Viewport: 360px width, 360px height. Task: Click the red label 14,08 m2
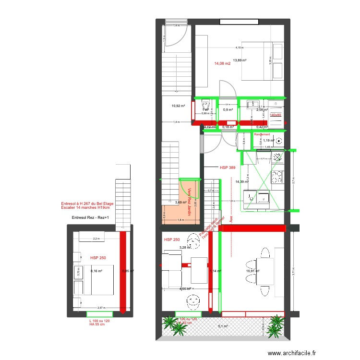[222, 63]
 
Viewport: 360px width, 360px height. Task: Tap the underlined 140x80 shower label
[276, 115]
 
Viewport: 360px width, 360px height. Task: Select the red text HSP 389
[228, 168]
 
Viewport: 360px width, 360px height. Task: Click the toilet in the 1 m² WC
[205, 103]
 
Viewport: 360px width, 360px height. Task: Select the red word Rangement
[262, 134]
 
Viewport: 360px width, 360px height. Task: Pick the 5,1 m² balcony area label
[223, 326]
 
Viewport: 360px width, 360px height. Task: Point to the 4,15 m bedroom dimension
[239, 48]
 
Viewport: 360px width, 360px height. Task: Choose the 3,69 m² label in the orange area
[180, 203]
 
